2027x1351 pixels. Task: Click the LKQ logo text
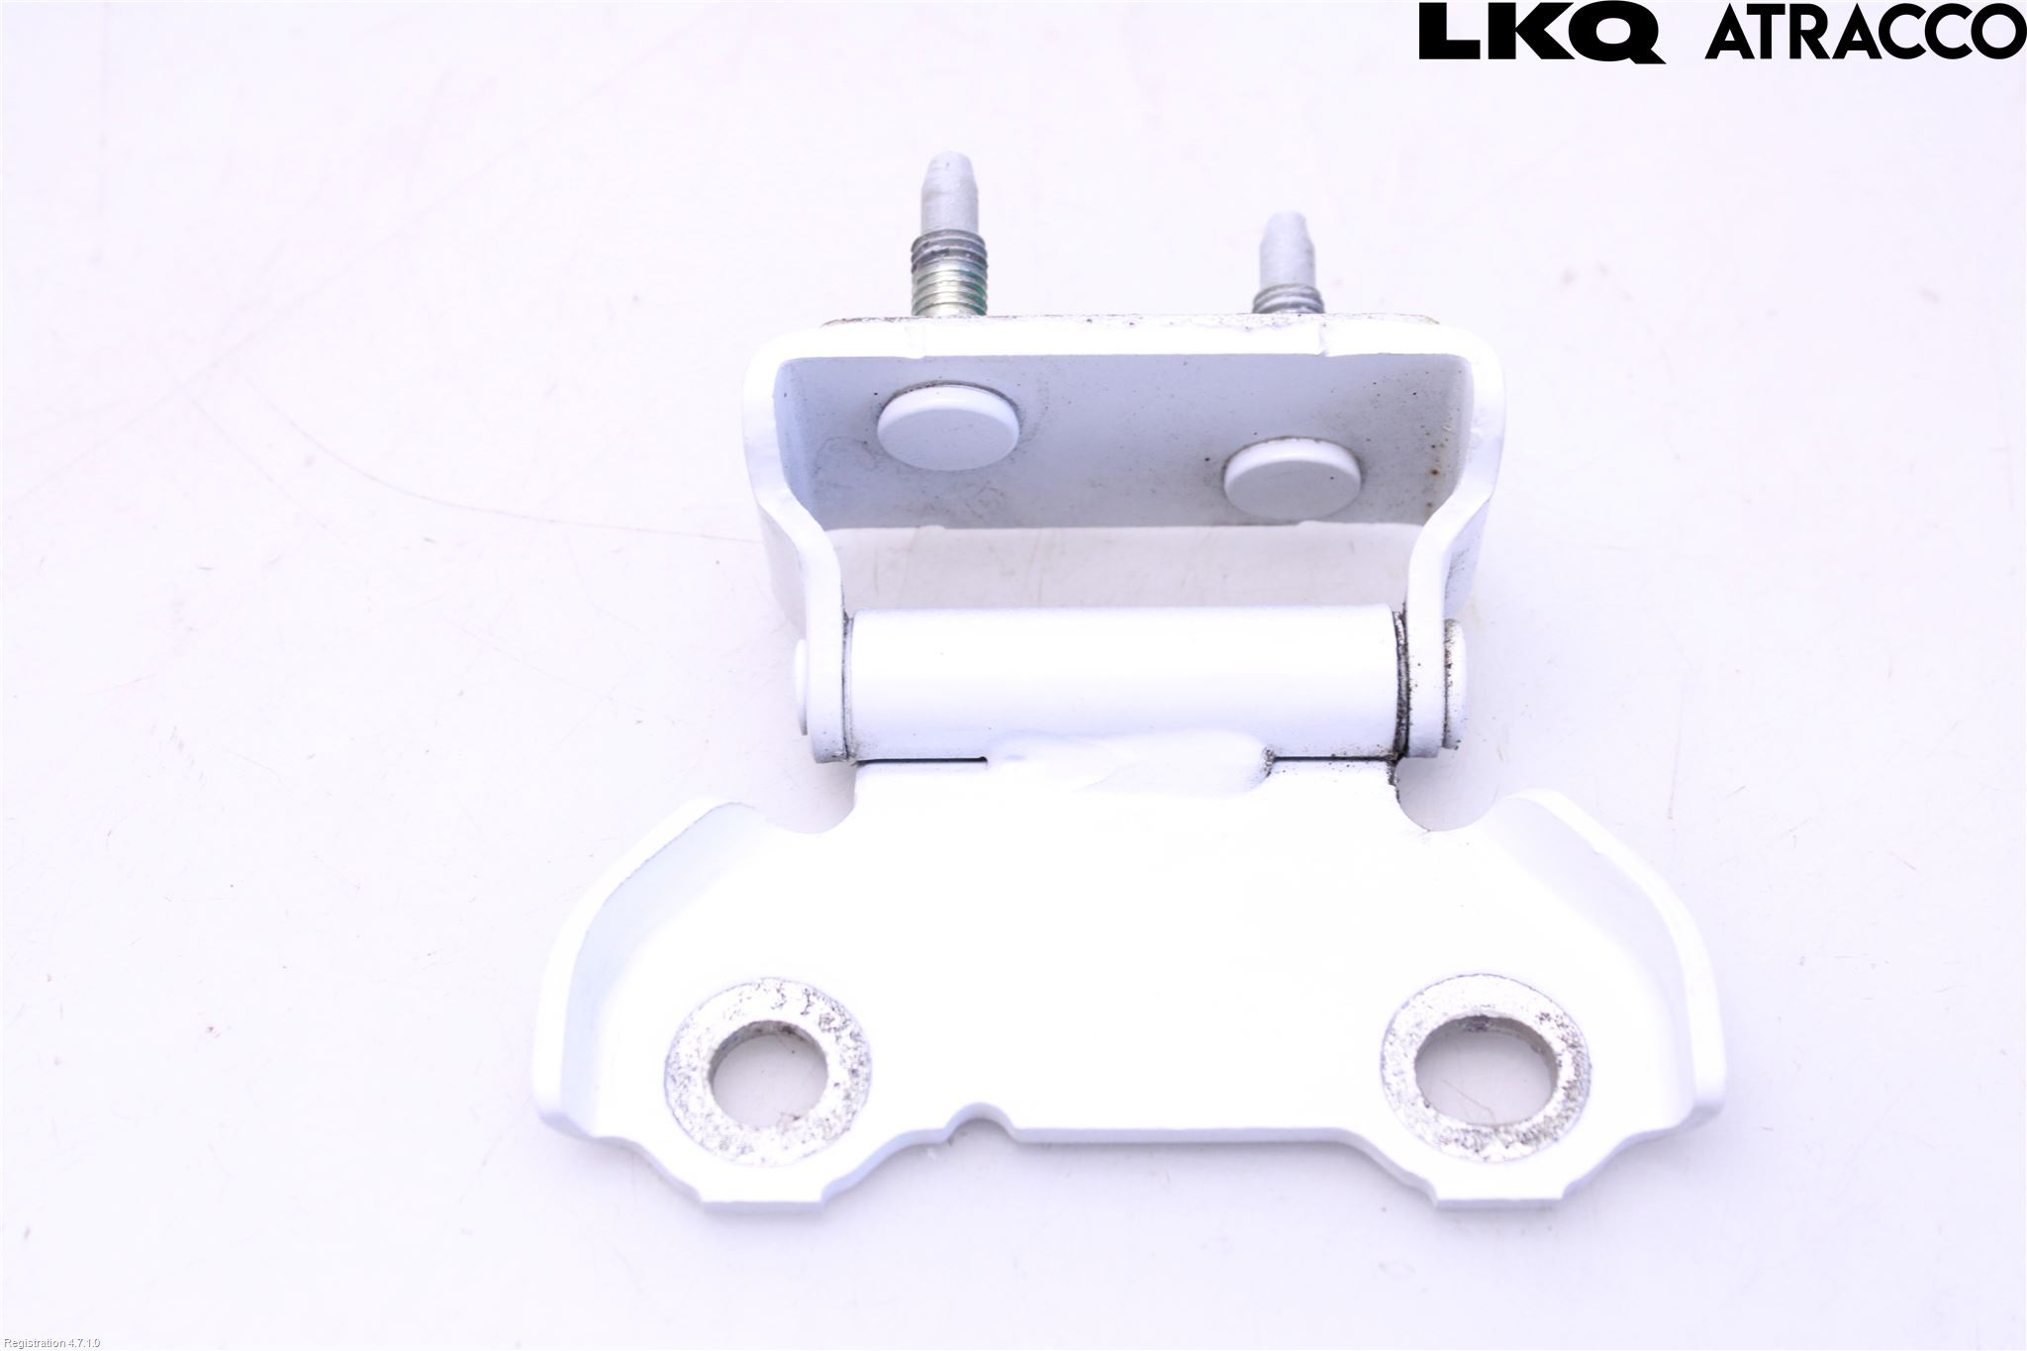[x=1542, y=33]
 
